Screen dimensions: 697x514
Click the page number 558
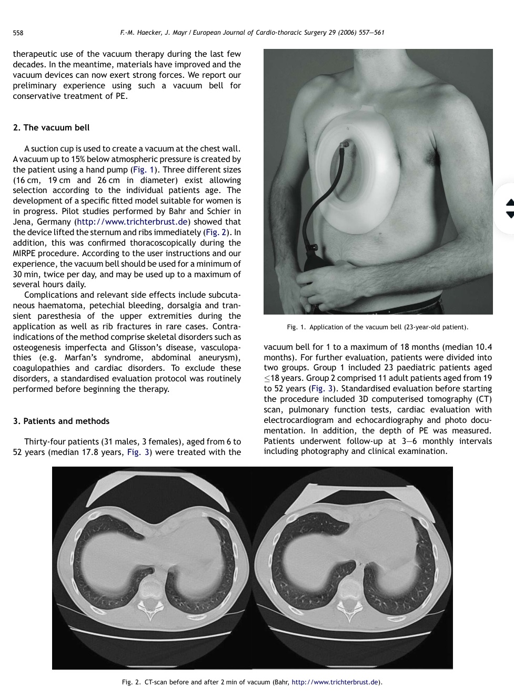point(18,33)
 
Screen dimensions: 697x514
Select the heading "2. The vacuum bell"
point(51,127)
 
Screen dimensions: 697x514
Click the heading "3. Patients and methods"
point(61,421)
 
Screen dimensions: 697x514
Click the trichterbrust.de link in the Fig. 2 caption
point(335,682)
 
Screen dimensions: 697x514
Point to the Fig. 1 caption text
point(377,327)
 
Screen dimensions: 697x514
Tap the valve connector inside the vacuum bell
point(345,143)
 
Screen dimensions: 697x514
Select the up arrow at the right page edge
point(509,202)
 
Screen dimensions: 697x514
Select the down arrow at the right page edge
point(509,214)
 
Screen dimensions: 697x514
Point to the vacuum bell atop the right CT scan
point(357,494)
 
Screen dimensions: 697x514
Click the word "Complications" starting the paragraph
point(49,295)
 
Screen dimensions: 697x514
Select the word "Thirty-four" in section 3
point(46,442)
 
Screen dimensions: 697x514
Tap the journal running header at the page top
point(252,33)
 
